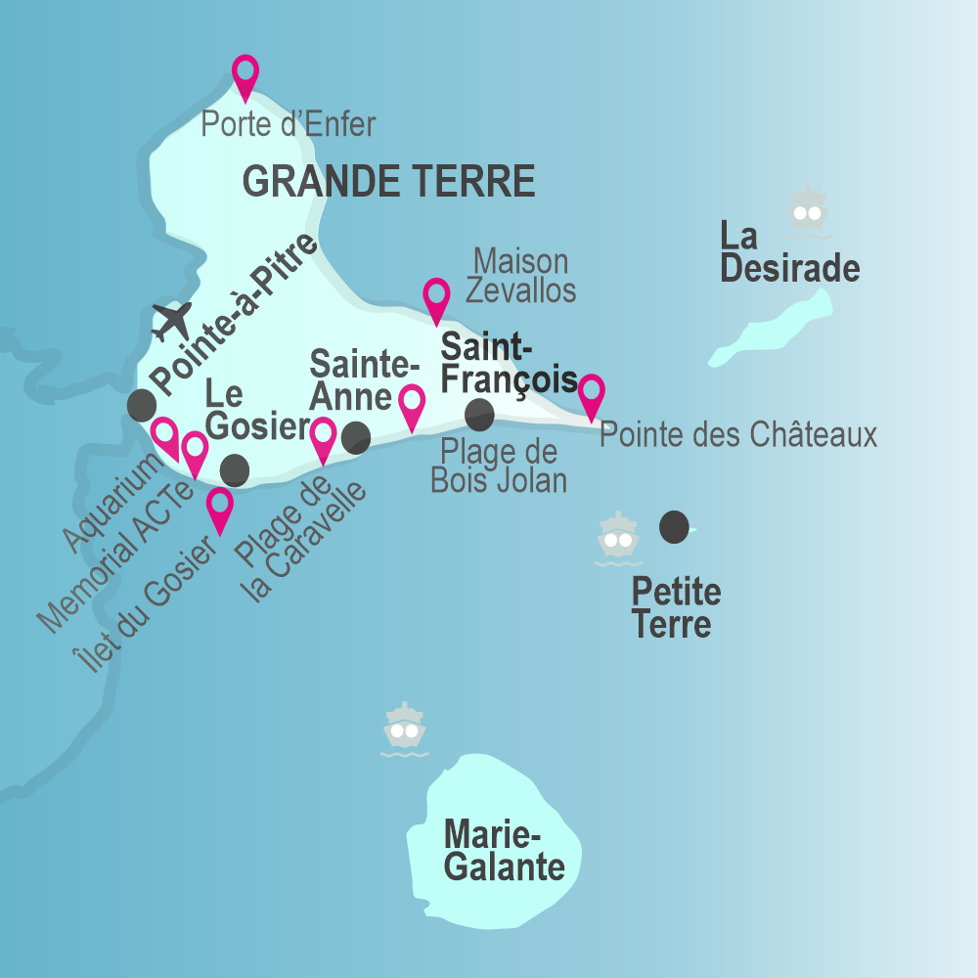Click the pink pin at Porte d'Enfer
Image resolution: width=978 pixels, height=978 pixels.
(x=245, y=74)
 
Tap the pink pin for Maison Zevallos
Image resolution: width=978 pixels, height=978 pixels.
(x=436, y=297)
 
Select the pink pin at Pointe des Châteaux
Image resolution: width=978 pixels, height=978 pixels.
(x=591, y=393)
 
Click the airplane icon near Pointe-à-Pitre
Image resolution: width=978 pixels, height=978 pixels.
(x=173, y=320)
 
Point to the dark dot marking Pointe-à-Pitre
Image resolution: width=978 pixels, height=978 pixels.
(x=142, y=404)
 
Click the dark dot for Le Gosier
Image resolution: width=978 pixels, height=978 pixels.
(x=235, y=470)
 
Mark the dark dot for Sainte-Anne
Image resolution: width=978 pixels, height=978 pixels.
(x=356, y=438)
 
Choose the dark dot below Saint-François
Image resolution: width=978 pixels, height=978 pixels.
(x=479, y=415)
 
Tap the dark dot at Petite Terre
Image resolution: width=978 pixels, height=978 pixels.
(x=674, y=527)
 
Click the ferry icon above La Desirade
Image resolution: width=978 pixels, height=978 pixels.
(x=808, y=211)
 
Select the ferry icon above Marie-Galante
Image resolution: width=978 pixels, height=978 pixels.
(x=404, y=730)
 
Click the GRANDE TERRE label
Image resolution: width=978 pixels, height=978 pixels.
(x=388, y=182)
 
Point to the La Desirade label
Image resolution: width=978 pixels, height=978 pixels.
(x=789, y=252)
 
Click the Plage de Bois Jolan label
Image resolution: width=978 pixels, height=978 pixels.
(x=499, y=467)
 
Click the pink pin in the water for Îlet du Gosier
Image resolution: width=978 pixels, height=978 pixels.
(x=220, y=508)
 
